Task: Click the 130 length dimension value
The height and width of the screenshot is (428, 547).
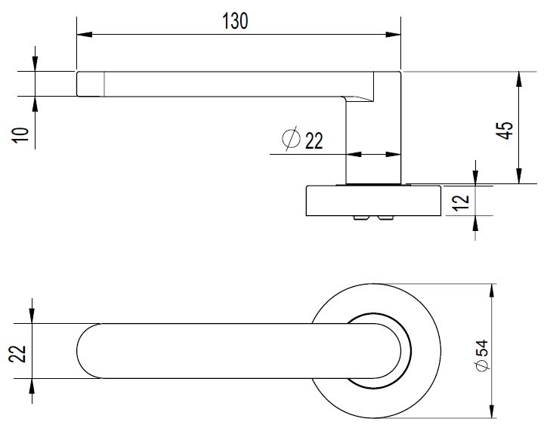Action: point(235,21)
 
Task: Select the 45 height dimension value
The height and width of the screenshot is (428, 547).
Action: point(505,131)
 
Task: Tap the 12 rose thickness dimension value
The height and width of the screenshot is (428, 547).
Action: point(461,202)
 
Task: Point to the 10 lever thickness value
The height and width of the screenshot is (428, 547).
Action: point(20,135)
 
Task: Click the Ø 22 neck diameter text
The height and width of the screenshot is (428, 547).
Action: point(302,138)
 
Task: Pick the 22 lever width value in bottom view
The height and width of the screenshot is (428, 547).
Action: point(17,354)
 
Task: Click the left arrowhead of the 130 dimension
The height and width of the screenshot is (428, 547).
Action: point(85,35)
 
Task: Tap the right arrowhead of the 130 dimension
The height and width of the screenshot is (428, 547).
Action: point(393,35)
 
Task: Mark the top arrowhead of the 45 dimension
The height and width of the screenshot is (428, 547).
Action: point(519,79)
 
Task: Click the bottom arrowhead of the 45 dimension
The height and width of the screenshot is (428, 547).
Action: point(519,176)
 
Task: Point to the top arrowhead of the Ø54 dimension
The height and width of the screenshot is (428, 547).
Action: point(492,291)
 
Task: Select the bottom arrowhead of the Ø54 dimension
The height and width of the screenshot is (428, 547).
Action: point(492,410)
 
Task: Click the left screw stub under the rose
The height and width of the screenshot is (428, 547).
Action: point(361,218)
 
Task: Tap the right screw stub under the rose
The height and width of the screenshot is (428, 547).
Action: point(385,218)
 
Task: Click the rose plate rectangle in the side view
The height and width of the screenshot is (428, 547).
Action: point(374,201)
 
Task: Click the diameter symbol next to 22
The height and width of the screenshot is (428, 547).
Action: point(291,138)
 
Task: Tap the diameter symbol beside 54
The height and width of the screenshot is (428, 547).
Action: point(483,365)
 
